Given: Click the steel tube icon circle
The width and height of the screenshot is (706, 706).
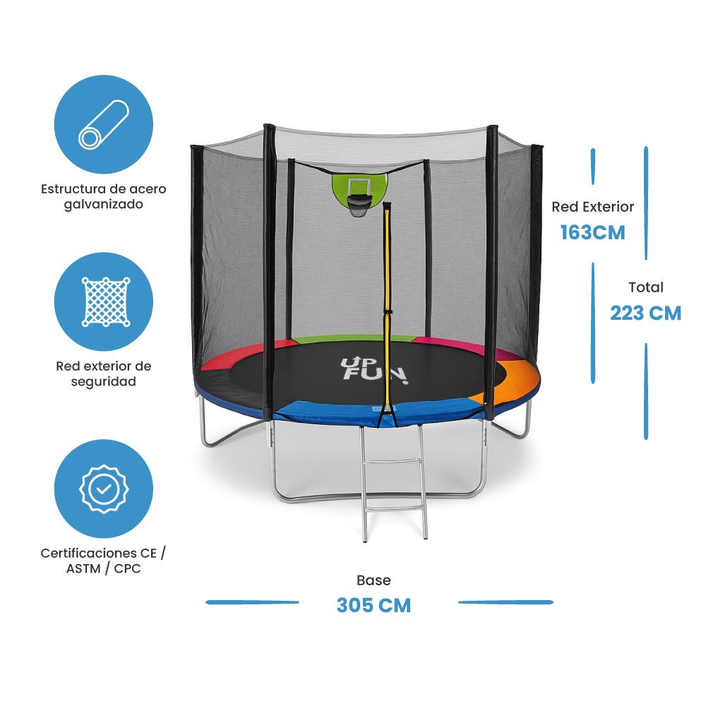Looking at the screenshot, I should pyautogui.click(x=104, y=124).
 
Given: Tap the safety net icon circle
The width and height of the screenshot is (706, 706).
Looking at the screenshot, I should pyautogui.click(x=104, y=302).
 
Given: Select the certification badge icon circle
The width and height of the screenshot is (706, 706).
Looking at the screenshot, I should pyautogui.click(x=104, y=489).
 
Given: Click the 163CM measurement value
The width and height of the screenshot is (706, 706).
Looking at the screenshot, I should pyautogui.click(x=593, y=232).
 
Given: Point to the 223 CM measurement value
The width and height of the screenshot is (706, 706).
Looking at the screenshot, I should pyautogui.click(x=645, y=313).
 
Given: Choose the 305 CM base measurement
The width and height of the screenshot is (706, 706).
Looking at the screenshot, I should pyautogui.click(x=373, y=605).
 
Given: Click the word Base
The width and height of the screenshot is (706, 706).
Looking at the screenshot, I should pyautogui.click(x=373, y=580).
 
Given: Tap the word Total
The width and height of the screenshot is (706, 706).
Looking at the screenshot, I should pyautogui.click(x=646, y=287).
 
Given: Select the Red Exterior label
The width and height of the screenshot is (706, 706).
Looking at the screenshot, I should pyautogui.click(x=593, y=207).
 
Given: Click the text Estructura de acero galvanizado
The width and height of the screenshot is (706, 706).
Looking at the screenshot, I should pyautogui.click(x=104, y=197).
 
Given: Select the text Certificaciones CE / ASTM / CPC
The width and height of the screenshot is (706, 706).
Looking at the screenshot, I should pyautogui.click(x=104, y=561).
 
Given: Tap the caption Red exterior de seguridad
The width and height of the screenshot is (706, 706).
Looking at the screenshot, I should pyautogui.click(x=104, y=373).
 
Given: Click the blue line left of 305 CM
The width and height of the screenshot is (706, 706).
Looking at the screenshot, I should pyautogui.click(x=252, y=602).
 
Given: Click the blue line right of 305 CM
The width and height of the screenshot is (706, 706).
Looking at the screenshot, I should pyautogui.click(x=505, y=602).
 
